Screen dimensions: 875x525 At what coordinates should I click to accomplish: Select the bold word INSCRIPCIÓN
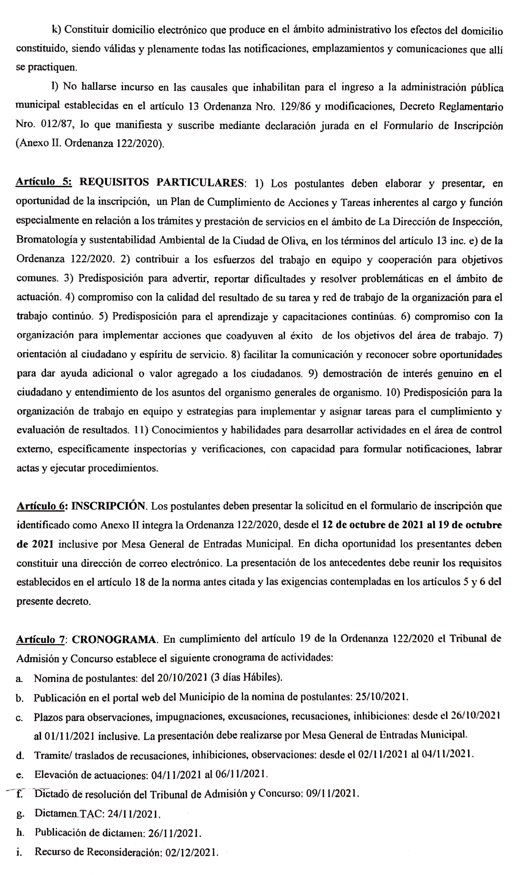[109, 506]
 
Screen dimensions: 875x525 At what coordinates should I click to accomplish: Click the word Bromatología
[50, 240]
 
